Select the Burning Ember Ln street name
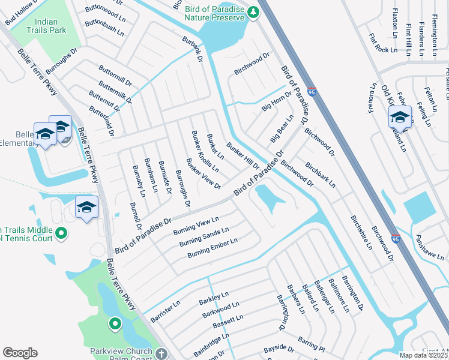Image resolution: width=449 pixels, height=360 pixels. (x=212, y=248)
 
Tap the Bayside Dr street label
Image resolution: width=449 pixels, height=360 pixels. (x=279, y=348)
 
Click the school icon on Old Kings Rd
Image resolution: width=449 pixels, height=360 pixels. (x=400, y=116)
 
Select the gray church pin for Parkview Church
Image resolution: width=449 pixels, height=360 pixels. (x=161, y=354)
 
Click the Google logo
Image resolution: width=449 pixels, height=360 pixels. (x=20, y=353)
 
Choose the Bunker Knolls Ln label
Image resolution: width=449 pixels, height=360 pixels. (x=205, y=151)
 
